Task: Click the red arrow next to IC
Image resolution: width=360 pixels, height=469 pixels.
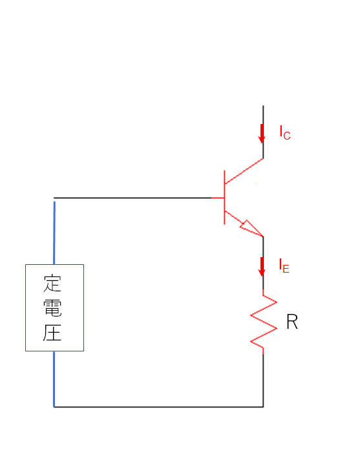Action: coord(262,134)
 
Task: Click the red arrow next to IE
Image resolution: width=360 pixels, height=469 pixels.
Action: coord(262,267)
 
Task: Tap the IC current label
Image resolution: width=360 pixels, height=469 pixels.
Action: coord(285,132)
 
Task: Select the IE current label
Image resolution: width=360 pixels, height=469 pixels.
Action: coord(284,266)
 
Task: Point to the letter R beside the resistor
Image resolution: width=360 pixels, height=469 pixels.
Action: coord(292,322)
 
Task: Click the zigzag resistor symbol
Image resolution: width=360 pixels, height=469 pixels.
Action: coord(263,322)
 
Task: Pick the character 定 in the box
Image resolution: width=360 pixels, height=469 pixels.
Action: coord(52,283)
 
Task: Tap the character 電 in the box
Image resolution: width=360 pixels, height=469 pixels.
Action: coord(52,307)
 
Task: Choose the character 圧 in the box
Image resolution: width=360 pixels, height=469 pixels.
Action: coord(52,332)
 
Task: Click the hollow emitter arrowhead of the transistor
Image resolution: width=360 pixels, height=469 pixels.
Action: coord(251,229)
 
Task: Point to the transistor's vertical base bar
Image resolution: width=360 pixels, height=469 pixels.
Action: coord(224,198)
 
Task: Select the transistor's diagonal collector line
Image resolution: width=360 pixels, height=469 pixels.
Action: coord(244,171)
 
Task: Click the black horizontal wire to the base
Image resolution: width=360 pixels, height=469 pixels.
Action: coord(132,198)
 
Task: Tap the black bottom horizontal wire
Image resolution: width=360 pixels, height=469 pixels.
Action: coord(158,407)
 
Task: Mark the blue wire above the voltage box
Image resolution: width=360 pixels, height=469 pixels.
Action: coord(54,233)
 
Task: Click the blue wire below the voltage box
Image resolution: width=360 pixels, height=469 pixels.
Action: coord(54,379)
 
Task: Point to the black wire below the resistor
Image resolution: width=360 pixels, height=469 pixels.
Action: coord(263,380)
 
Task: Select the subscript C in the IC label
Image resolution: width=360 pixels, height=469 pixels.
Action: coord(287,136)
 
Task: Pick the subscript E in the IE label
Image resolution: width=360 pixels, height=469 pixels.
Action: coord(286,269)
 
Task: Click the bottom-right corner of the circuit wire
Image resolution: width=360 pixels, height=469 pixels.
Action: coord(263,407)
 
